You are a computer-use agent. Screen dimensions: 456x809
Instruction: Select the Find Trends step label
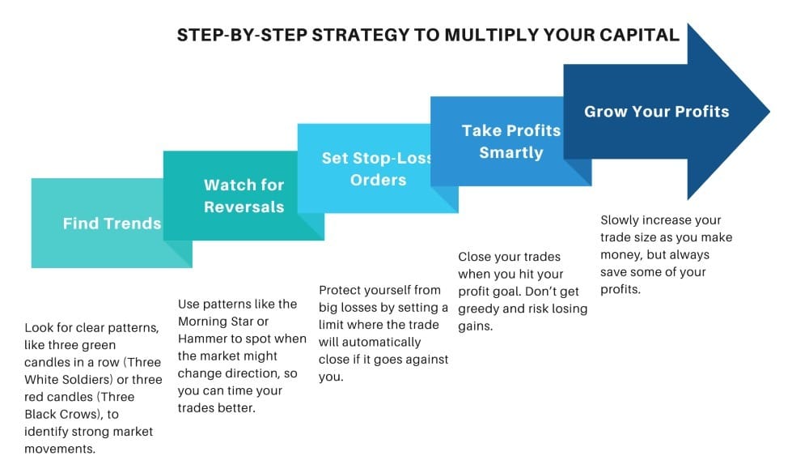point(112,224)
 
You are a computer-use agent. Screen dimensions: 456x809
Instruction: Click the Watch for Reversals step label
point(244,196)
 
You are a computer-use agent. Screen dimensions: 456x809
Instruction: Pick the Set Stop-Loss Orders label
point(378,168)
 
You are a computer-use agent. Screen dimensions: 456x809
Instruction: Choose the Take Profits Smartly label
point(510,141)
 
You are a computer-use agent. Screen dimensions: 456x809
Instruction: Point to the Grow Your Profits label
point(656,111)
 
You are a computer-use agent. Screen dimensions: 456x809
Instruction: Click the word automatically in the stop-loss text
point(379,342)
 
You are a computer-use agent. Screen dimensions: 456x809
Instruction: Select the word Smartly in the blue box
point(510,151)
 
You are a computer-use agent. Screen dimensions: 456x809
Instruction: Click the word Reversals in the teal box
point(244,207)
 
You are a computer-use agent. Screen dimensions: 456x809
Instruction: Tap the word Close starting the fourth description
point(476,257)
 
